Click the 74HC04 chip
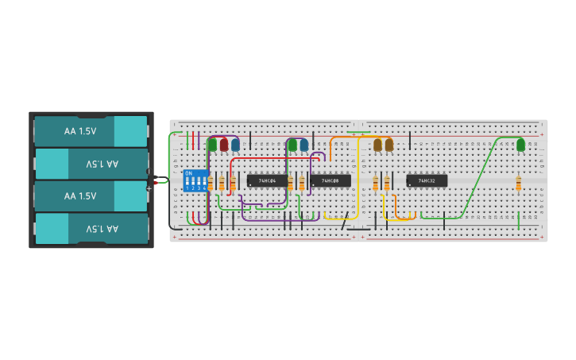(x=267, y=180)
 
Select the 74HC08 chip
(x=331, y=180)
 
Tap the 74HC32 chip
(x=427, y=180)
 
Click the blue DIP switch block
(x=195, y=180)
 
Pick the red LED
(x=224, y=145)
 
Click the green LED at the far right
(x=520, y=145)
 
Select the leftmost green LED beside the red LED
(x=212, y=145)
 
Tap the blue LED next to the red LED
(x=235, y=145)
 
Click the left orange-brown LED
(x=377, y=145)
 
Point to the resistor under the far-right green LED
(x=518, y=184)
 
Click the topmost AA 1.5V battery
(x=90, y=131)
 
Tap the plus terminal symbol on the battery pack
(x=149, y=188)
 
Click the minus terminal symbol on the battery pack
(x=149, y=172)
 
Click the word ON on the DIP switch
(x=188, y=172)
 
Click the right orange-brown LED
(x=389, y=145)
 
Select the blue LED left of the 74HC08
(x=303, y=145)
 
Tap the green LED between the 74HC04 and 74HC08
(x=292, y=145)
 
